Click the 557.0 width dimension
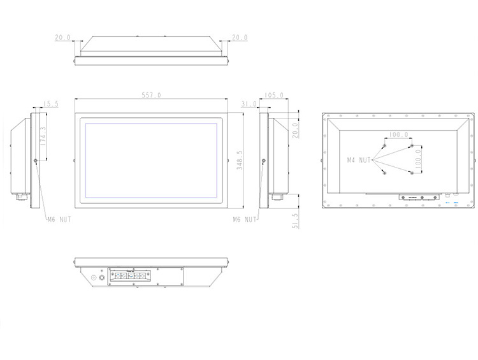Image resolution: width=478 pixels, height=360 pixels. click(x=152, y=95)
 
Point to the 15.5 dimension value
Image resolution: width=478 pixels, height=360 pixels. click(x=51, y=103)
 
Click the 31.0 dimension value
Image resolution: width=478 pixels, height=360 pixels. click(x=249, y=103)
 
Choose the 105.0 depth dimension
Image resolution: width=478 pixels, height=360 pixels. click(x=273, y=95)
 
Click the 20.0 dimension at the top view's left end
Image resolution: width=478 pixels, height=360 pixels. click(x=62, y=38)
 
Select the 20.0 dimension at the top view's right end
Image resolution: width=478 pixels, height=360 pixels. click(x=239, y=38)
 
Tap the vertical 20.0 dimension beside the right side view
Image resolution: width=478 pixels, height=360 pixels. click(x=295, y=130)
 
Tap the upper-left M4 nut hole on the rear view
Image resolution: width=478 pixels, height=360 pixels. click(x=385, y=146)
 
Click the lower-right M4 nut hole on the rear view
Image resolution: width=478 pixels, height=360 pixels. click(x=412, y=173)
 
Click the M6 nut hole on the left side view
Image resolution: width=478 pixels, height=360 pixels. click(x=36, y=161)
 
